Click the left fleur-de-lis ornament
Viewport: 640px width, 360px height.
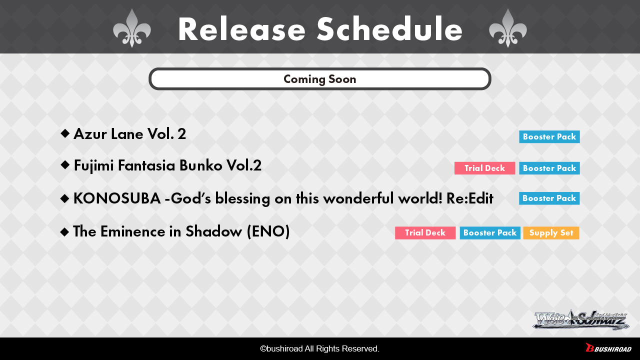tap(131, 28)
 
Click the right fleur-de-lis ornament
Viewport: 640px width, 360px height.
tap(507, 28)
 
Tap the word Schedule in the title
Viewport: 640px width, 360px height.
tap(389, 29)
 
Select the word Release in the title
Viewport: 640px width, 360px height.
tap(242, 29)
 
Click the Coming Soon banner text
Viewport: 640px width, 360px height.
tap(319, 79)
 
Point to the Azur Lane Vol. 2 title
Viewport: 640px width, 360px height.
tap(129, 133)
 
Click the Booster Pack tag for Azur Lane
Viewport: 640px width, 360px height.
tap(549, 136)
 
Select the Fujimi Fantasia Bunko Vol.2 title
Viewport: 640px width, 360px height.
tap(167, 165)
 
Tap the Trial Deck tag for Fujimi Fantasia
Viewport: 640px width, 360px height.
tap(484, 168)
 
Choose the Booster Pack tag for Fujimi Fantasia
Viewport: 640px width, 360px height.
tap(549, 168)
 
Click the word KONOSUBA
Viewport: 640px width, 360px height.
tap(117, 198)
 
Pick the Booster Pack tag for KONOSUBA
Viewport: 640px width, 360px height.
tap(549, 198)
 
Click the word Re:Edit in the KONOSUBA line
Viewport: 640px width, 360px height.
tap(469, 198)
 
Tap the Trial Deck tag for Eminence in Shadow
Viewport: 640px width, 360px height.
tap(425, 233)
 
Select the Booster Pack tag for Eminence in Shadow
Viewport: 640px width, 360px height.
tap(489, 233)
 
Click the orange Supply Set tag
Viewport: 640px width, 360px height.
tap(551, 233)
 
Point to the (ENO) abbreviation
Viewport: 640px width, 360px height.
tap(268, 231)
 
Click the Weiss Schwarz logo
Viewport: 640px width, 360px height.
tap(581, 319)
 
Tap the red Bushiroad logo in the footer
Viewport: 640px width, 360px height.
tap(608, 347)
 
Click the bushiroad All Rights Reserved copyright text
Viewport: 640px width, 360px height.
tap(319, 348)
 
